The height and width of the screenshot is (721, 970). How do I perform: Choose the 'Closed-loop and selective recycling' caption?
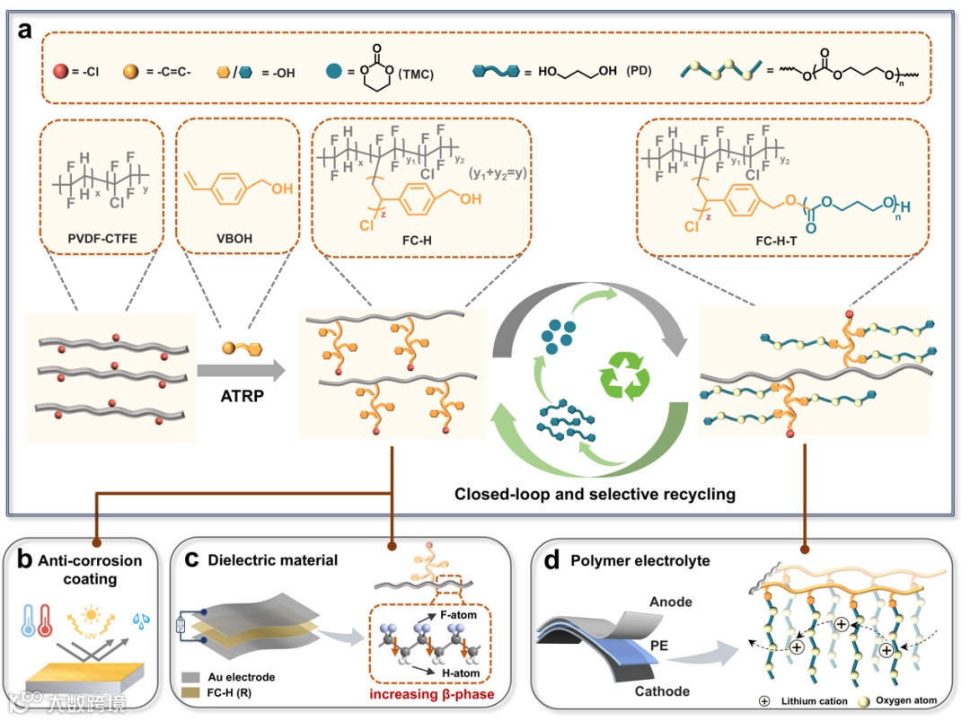click(x=595, y=493)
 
